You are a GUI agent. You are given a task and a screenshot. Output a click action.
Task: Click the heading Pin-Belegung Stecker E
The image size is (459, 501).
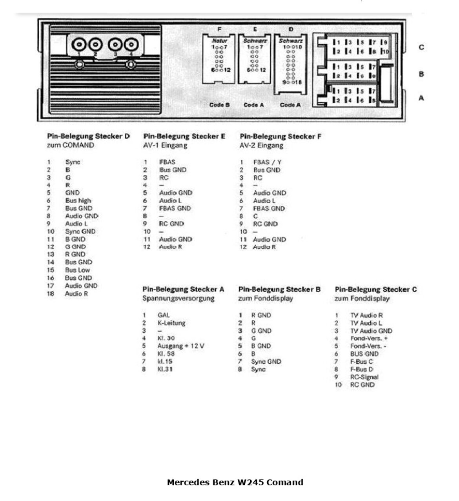click(184, 137)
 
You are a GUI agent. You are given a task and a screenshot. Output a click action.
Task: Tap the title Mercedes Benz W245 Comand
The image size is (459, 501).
click(235, 482)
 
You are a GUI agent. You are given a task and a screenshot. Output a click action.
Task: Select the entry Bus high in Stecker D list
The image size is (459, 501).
click(78, 200)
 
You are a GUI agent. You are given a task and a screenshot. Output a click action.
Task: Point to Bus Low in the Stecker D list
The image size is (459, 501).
click(77, 270)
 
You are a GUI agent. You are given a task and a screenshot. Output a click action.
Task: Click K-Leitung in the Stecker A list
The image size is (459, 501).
click(171, 323)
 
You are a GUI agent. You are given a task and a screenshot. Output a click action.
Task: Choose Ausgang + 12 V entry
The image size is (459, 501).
click(180, 346)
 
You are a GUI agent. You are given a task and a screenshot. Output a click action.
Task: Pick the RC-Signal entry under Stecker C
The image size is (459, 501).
click(364, 377)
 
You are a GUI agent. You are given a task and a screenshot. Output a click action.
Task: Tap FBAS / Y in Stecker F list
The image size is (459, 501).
click(267, 162)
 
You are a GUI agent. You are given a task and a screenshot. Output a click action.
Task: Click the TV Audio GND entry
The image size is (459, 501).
click(371, 331)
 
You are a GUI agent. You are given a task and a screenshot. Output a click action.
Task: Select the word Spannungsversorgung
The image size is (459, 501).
click(178, 299)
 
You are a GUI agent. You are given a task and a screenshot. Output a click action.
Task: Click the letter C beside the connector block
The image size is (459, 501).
click(421, 47)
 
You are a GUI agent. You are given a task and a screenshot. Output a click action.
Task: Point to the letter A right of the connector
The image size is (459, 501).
click(421, 98)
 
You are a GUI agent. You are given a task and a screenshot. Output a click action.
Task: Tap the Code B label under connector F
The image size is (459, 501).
click(219, 105)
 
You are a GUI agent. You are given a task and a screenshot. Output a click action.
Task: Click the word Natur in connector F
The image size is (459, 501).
click(219, 41)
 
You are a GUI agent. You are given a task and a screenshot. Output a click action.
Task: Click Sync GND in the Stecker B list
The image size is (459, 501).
click(266, 362)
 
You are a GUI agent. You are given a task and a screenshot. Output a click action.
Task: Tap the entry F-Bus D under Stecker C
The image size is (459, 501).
click(361, 369)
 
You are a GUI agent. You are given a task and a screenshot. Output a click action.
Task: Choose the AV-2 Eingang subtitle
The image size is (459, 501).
click(261, 146)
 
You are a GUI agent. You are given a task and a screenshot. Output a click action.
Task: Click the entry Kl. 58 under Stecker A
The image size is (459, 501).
click(166, 353)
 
